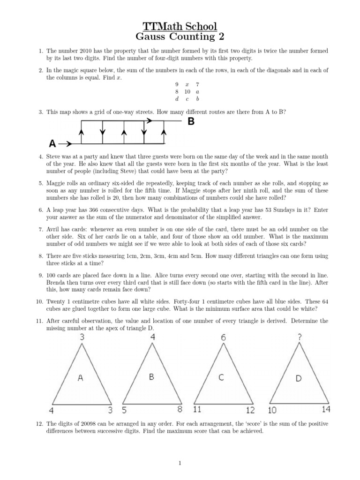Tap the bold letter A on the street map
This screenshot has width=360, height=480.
(54, 143)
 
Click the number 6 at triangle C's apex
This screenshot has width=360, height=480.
(223, 337)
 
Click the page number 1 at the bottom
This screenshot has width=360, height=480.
(180, 464)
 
